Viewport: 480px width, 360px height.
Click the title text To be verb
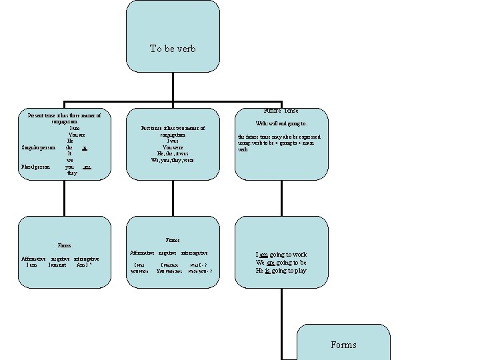173,49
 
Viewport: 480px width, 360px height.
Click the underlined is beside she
85,147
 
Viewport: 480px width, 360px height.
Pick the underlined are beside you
87,166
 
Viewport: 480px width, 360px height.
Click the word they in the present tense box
71,173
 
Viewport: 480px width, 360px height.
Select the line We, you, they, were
173,160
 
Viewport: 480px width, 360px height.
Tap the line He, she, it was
173,153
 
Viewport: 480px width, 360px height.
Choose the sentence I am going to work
281,254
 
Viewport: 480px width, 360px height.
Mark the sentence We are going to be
281,263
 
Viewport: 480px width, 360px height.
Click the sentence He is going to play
281,271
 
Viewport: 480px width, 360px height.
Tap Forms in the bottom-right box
343,345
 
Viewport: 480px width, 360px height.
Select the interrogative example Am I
84,265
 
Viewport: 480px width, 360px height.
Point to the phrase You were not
169,271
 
